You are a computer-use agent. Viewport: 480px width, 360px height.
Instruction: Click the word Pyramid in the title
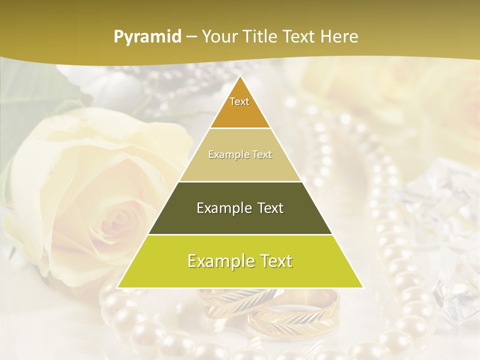pos(147,37)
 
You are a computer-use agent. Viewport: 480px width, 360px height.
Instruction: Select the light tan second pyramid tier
pos(240,155)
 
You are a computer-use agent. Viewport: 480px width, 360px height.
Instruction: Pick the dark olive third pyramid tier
pos(240,208)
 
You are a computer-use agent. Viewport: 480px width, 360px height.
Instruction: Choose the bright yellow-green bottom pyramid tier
pos(240,261)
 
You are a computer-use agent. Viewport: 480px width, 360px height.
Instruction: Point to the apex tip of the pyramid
pos(240,76)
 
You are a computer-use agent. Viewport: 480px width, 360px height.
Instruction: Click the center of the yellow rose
pos(117,220)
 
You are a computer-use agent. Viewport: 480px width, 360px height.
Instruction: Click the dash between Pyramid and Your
pos(191,37)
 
